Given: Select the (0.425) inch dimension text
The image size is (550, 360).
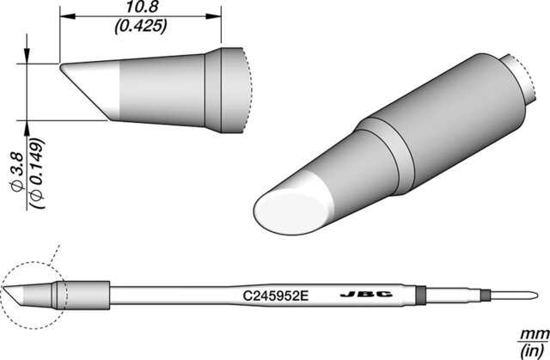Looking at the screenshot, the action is point(141,26).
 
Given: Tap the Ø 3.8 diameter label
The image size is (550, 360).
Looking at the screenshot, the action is point(17,172).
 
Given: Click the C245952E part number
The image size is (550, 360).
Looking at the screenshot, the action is point(276,296).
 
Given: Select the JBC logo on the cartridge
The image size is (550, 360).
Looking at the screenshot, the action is point(367,295).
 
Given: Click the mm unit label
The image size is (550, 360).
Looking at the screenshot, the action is point(535,334).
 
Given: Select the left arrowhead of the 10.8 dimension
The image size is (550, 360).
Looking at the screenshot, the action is point(68,16).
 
